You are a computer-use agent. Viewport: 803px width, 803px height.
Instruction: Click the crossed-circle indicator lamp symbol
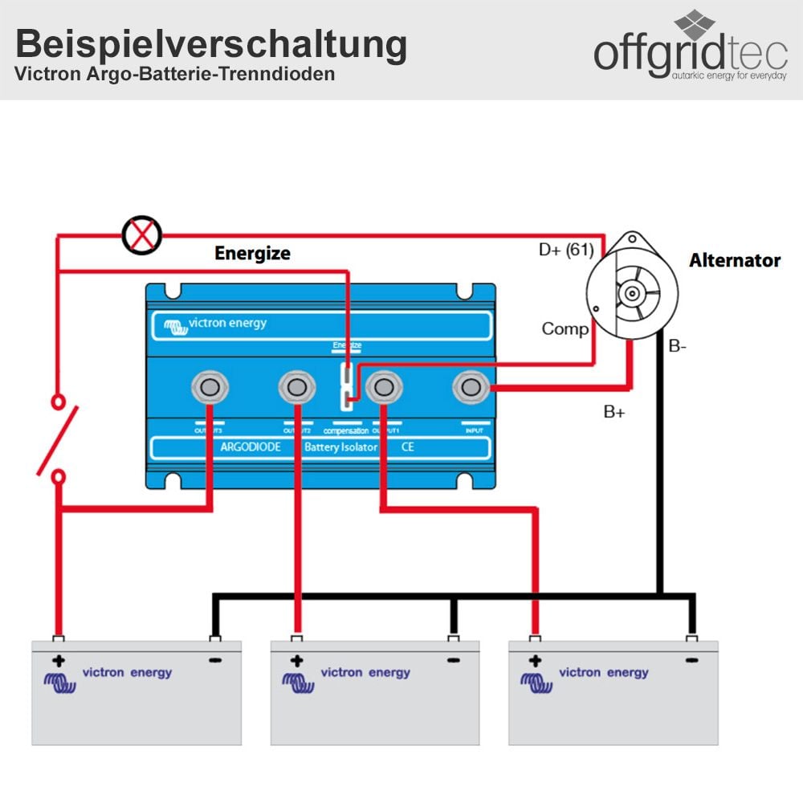(141, 235)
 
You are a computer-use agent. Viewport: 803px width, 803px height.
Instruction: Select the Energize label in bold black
(252, 254)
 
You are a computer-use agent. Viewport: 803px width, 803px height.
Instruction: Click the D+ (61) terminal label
(565, 250)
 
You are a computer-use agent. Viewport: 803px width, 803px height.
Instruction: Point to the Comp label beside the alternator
(565, 328)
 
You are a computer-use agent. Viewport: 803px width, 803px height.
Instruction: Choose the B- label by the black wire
(679, 347)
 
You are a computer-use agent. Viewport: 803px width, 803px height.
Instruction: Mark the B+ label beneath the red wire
(614, 412)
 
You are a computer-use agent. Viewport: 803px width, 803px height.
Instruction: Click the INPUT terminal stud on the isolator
(472, 388)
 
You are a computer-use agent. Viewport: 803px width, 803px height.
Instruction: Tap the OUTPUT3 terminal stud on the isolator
(210, 388)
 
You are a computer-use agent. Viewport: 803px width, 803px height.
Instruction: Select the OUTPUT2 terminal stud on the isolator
(297, 388)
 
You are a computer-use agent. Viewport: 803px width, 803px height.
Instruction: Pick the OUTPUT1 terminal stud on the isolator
(384, 388)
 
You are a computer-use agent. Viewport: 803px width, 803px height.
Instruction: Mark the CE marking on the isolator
(407, 447)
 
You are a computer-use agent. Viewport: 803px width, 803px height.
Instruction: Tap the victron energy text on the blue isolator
(226, 324)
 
